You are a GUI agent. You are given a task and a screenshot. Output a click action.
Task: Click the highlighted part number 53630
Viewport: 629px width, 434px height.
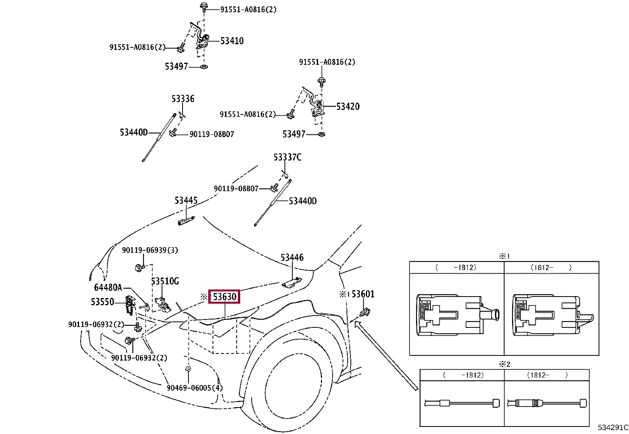(224, 297)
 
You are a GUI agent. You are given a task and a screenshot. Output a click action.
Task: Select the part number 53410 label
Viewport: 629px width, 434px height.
(232, 41)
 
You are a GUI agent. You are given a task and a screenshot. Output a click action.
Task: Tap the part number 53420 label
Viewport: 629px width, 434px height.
(348, 106)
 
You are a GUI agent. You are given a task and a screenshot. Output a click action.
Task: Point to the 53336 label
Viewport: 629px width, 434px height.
(183, 99)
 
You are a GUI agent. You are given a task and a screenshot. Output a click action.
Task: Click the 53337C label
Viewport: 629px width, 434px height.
(288, 157)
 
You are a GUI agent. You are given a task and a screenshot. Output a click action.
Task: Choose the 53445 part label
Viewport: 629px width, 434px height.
(186, 201)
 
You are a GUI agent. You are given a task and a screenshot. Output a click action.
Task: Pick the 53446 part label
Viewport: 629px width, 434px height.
(292, 257)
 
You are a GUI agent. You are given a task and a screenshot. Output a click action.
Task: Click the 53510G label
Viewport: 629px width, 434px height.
(165, 281)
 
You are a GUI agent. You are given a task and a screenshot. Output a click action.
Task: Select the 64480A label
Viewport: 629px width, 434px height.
(108, 287)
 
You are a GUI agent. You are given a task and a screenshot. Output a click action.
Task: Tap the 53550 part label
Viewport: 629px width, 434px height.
(102, 302)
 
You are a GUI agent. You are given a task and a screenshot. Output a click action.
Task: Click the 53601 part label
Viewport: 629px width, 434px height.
(363, 294)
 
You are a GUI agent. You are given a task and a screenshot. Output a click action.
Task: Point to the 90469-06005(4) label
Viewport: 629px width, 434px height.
(195, 388)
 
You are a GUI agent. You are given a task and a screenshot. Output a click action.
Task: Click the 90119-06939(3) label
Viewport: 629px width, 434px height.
(150, 250)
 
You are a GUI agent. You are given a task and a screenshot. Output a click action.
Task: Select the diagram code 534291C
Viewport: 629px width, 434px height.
(613, 427)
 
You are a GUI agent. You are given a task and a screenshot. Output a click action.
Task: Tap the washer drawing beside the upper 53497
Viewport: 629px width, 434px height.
(204, 67)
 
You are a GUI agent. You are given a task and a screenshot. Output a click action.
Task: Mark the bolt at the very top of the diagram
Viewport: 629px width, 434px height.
(204, 7)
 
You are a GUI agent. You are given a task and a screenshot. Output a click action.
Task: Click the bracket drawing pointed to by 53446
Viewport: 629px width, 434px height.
(292, 282)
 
